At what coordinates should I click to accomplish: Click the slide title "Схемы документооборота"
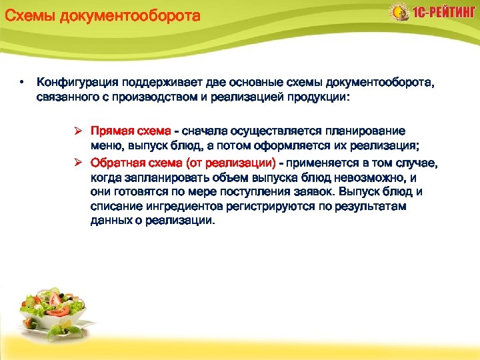click(102, 15)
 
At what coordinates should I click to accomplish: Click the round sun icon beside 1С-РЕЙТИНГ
click(399, 13)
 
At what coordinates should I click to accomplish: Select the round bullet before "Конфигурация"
click(21, 83)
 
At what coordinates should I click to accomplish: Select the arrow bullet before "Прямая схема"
click(78, 132)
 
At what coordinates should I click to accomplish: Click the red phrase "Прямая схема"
click(131, 132)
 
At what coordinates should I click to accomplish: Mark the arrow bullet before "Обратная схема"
click(78, 163)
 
